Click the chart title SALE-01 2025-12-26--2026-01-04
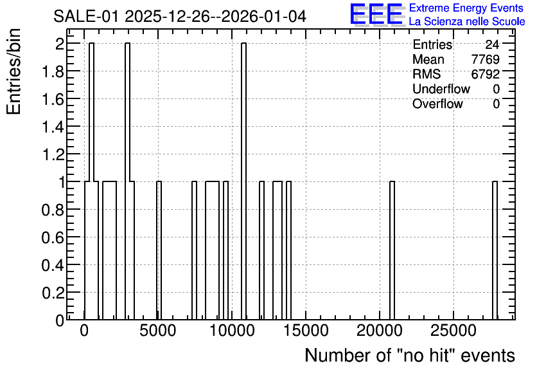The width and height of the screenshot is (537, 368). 180,16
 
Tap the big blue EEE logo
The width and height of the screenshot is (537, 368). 376,14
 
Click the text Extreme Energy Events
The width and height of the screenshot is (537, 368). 466,8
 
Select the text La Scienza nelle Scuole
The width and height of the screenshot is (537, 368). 467,22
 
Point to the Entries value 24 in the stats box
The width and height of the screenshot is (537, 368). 492,44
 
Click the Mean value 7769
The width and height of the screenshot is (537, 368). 485,59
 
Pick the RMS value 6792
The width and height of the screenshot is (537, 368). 485,74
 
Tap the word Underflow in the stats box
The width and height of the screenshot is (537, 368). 441,89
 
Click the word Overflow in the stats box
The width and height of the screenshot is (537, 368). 437,104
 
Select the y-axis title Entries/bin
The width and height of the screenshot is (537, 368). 13,71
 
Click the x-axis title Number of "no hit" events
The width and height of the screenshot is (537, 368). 410,355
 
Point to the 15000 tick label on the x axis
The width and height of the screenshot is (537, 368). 306,331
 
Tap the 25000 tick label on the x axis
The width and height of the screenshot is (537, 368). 453,331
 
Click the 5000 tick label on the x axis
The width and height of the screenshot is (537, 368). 158,331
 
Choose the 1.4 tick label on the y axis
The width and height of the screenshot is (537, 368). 53,127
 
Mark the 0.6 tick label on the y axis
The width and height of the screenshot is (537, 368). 53,237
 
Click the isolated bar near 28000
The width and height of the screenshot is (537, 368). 495,251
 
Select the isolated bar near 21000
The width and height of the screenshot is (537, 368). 392,251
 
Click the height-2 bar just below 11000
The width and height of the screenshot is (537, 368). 243,181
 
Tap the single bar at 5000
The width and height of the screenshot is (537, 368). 159,251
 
